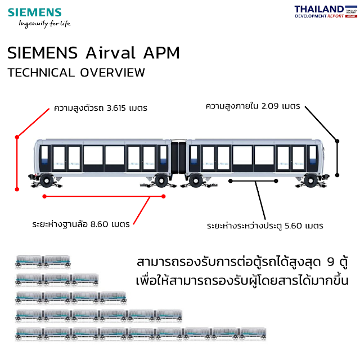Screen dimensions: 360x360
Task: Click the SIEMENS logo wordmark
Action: click(35, 12)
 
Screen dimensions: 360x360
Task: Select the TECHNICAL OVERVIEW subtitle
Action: click(76, 73)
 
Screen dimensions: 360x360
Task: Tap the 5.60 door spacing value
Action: click(296, 226)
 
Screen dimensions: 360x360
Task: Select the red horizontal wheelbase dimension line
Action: click(104, 196)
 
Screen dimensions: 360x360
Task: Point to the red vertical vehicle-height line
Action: click(17, 163)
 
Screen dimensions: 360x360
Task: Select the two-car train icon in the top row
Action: click(43, 262)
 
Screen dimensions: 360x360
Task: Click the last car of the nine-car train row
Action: click(253, 334)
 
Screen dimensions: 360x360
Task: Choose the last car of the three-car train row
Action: click(85, 280)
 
